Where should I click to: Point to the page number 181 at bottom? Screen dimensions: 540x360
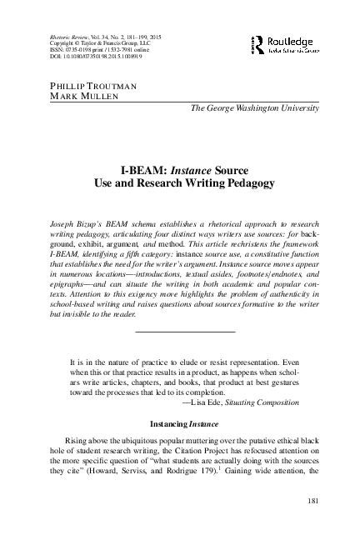point(337,500)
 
